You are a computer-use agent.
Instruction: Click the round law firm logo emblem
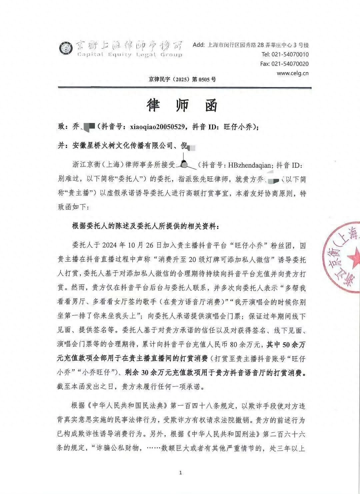coord(66,49)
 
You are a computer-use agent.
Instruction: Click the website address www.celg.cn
coord(292,73)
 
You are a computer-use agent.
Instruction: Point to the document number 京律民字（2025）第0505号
coord(182,79)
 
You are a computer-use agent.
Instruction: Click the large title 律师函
coord(182,105)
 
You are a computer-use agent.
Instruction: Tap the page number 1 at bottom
coord(180,473)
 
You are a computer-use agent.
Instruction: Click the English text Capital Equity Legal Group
coord(130,55)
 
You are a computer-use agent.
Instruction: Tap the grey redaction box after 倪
coord(192,146)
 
